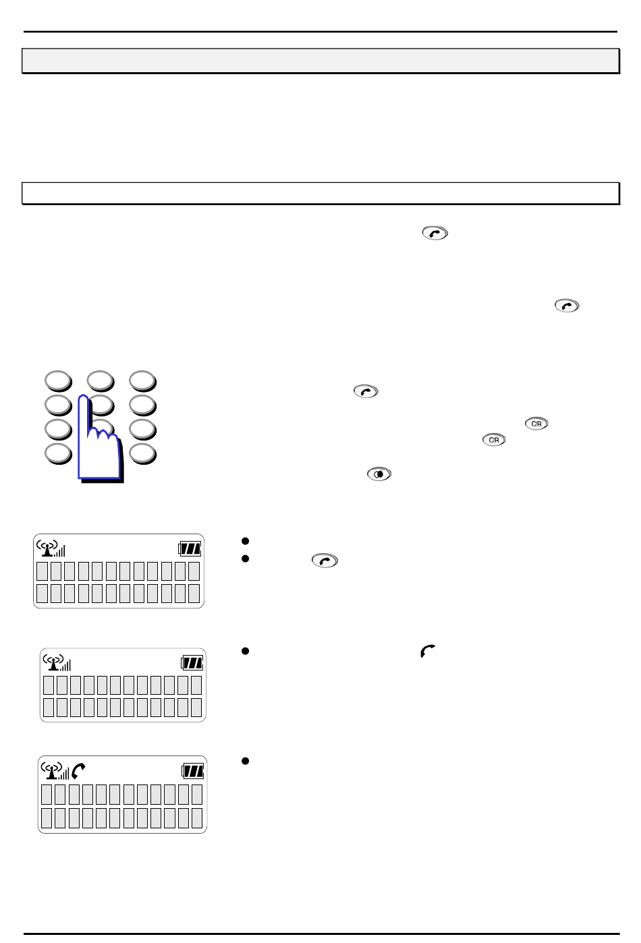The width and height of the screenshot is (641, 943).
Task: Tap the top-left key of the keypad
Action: click(x=59, y=381)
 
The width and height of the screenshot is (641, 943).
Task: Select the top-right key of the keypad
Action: click(x=143, y=381)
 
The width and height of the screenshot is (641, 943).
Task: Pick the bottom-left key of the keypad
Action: click(x=59, y=454)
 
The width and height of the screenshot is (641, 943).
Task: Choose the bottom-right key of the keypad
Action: click(x=143, y=454)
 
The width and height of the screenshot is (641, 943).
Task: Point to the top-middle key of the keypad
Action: click(x=101, y=381)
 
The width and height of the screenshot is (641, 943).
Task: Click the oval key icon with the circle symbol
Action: click(x=379, y=474)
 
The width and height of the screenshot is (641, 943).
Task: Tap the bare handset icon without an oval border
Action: click(x=428, y=651)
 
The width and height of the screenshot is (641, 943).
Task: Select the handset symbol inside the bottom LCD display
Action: click(x=78, y=771)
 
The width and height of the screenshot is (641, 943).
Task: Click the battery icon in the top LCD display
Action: click(x=190, y=548)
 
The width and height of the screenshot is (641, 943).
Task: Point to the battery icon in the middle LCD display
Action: click(x=192, y=663)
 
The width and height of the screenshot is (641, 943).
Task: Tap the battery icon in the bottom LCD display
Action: click(x=193, y=771)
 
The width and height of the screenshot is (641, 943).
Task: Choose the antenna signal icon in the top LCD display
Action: click(x=51, y=548)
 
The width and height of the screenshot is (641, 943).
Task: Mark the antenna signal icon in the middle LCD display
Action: click(x=57, y=662)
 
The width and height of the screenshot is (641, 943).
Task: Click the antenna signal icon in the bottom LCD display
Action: click(x=55, y=771)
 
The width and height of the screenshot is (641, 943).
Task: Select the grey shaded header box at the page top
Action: click(x=320, y=61)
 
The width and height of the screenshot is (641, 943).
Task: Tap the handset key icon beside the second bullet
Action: click(x=325, y=561)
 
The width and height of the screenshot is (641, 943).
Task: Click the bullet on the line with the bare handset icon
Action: click(x=245, y=651)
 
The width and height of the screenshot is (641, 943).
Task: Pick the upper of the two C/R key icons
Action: click(x=536, y=424)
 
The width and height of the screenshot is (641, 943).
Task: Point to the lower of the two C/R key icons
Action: click(x=494, y=440)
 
